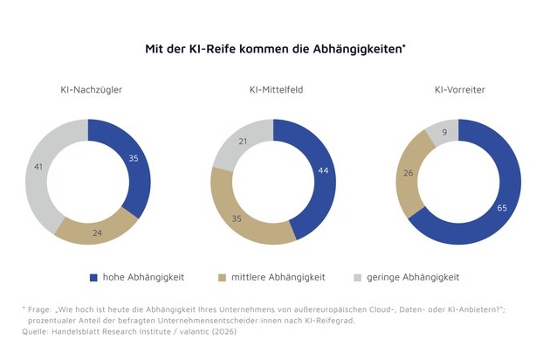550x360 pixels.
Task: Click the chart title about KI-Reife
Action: tap(274, 50)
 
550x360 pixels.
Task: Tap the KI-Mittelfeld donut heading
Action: tap(272, 90)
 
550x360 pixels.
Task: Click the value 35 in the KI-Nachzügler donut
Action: tap(133, 160)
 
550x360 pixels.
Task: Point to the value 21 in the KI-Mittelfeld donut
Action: tap(244, 142)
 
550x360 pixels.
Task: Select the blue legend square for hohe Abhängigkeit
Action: tap(93, 277)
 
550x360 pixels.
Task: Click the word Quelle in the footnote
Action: tap(35, 330)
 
